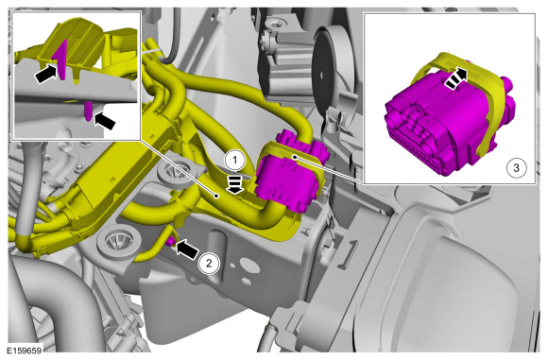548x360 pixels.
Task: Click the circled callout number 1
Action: [x=235, y=161]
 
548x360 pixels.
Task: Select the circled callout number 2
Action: [x=209, y=263]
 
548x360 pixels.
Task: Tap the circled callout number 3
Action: [x=516, y=168]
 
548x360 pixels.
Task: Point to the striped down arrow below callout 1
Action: [x=235, y=184]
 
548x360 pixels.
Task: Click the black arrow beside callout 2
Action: [x=187, y=249]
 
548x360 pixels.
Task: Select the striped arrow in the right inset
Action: [x=456, y=78]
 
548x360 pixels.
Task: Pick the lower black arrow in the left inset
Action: [x=105, y=121]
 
